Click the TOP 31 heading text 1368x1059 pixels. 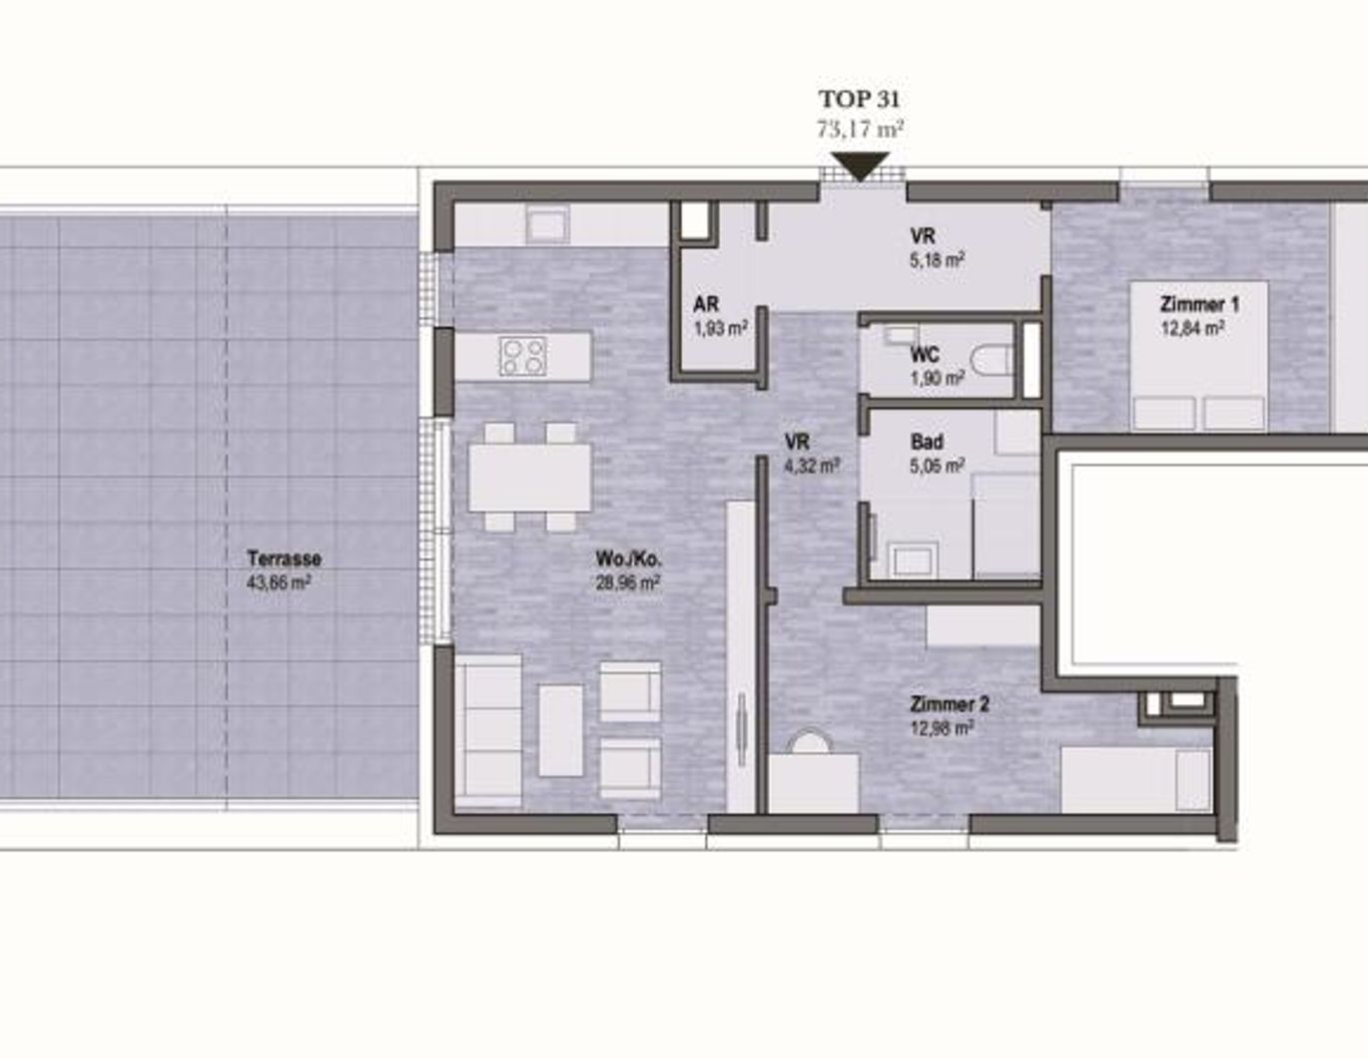click(x=859, y=99)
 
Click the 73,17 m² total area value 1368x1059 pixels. click(x=860, y=129)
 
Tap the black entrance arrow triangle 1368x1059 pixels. click(x=860, y=166)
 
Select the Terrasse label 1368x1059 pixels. click(x=284, y=558)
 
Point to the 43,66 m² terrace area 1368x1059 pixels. click(x=278, y=582)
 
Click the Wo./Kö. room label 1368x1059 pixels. click(x=628, y=558)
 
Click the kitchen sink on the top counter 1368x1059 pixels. click(x=547, y=225)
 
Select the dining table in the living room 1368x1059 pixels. click(x=530, y=478)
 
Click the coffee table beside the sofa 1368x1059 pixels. click(x=560, y=730)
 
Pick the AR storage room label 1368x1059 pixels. click(x=705, y=305)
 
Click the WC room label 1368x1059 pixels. click(x=924, y=355)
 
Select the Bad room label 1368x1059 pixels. click(x=926, y=442)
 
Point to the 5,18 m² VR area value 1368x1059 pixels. click(x=937, y=261)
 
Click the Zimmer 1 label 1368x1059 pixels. click(x=1198, y=304)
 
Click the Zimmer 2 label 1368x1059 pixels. click(x=949, y=704)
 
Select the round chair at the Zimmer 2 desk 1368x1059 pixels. click(x=810, y=742)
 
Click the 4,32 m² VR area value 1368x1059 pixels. click(x=811, y=466)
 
